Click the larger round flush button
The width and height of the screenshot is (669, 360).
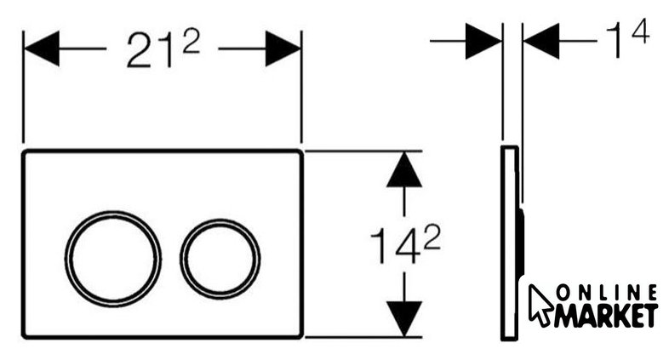tap(113, 259)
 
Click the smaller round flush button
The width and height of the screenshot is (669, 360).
tap(220, 259)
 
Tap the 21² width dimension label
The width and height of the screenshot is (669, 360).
tap(163, 49)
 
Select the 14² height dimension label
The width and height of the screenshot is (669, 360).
tap(405, 244)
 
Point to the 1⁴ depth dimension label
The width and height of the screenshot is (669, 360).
tap(627, 38)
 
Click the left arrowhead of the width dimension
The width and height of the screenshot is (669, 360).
tap(42, 49)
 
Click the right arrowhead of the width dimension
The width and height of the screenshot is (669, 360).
tap(283, 49)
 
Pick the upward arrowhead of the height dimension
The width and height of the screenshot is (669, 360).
tap(404, 169)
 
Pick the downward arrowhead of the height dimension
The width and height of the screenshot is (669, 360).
tap(404, 318)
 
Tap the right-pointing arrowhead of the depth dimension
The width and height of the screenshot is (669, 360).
tap(483, 41)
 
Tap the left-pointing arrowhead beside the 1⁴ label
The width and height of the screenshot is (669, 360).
tap(541, 41)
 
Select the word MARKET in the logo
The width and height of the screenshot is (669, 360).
tap(606, 316)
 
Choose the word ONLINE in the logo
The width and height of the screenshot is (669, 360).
tap(607, 293)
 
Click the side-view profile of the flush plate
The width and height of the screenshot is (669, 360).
tap(510, 243)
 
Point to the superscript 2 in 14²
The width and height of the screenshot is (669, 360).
tap(432, 237)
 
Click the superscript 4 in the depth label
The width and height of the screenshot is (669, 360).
tap(640, 31)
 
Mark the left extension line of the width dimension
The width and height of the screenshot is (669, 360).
tap(23, 87)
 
